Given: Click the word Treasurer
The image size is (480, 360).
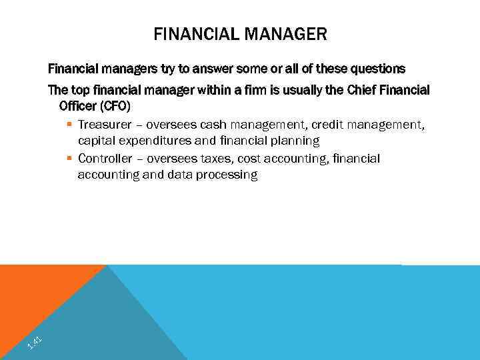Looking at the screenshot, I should (105, 124).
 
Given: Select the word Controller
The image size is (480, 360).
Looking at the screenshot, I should (105, 159).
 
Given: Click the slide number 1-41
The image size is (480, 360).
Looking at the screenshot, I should (35, 343).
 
